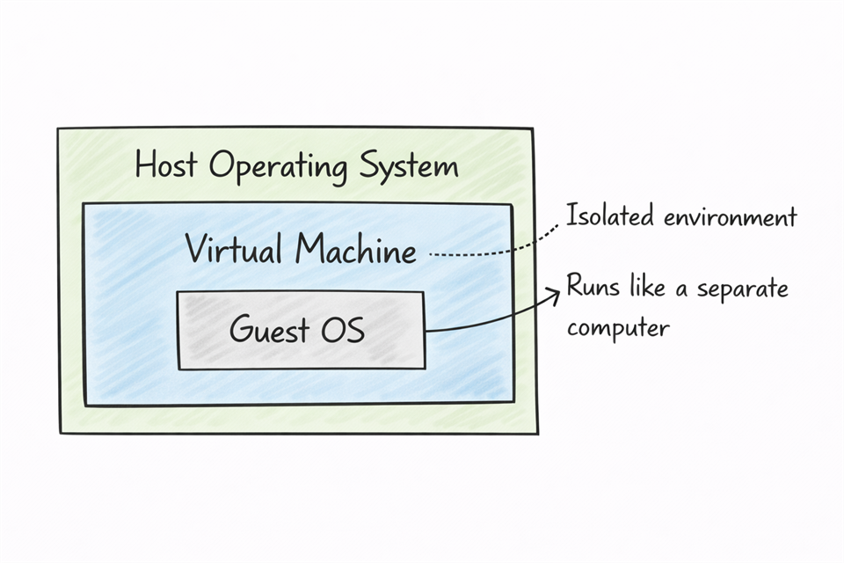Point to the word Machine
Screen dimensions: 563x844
coord(355,252)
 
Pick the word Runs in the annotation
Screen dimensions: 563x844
coord(593,288)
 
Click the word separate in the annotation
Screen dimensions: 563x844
coord(742,290)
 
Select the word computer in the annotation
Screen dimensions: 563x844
coord(618,329)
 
